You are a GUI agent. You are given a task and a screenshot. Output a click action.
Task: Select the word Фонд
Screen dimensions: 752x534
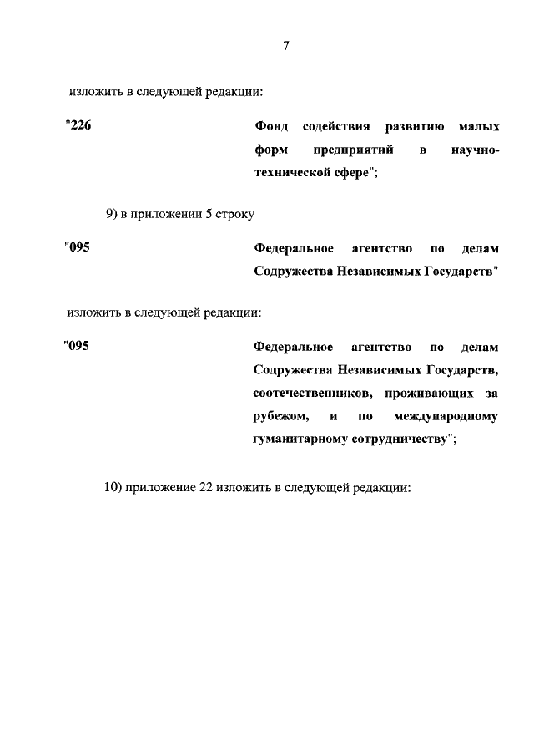coord(271,126)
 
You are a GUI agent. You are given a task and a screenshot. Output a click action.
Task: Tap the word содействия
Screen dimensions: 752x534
coord(337,126)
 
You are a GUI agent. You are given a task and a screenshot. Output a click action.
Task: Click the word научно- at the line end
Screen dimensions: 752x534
coord(471,150)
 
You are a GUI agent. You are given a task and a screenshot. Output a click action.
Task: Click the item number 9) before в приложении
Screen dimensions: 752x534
coord(113,213)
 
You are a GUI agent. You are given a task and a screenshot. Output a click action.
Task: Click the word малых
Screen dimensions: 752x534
coord(479,126)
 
